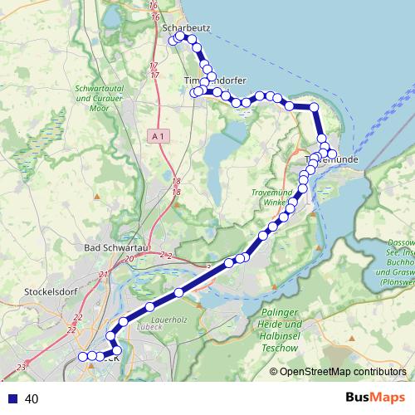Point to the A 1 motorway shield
coord(160,135)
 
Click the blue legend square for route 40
coord(12,399)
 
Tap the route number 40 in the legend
coord(32,399)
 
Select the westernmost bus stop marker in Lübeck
coord(82,356)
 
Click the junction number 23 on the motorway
coord(21,366)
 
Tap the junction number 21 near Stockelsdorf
coord(103,275)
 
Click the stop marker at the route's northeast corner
coord(314,107)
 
